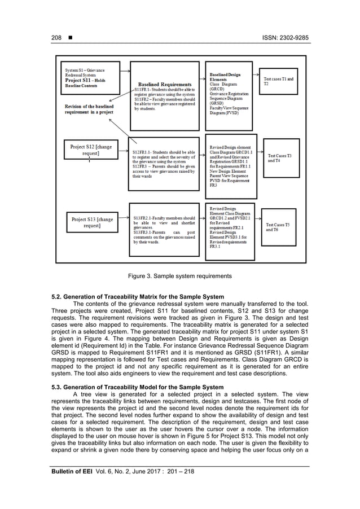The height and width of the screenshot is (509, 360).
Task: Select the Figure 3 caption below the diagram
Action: pos(180,276)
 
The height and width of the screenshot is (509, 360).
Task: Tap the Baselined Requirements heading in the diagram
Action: pos(164,85)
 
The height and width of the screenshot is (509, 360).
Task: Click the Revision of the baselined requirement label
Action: pos(89,109)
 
